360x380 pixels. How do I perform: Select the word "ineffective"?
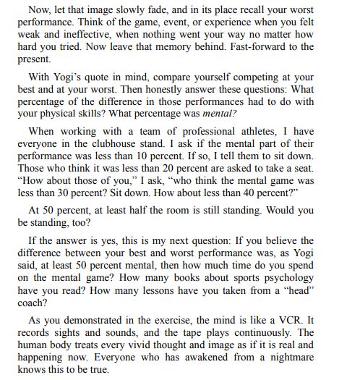(x=92, y=34)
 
